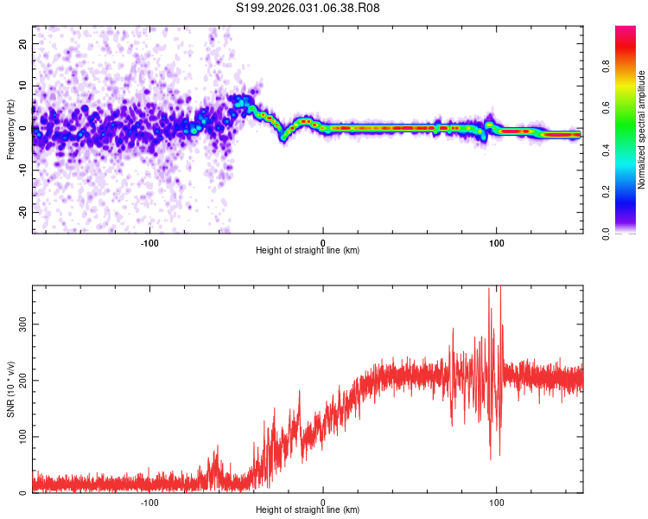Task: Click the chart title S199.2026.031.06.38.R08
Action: (x=308, y=9)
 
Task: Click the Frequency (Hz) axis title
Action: (x=11, y=130)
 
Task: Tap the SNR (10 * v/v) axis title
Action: (x=11, y=389)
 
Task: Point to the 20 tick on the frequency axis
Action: (x=23, y=43)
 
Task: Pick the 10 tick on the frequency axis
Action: (x=23, y=86)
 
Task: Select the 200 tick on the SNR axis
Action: (x=21, y=381)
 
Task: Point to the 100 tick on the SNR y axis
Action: (x=21, y=437)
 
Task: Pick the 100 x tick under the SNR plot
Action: (x=497, y=503)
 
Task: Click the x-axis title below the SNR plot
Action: (x=308, y=512)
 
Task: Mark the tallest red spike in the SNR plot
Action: (x=490, y=291)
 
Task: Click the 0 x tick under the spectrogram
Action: (x=323, y=242)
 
